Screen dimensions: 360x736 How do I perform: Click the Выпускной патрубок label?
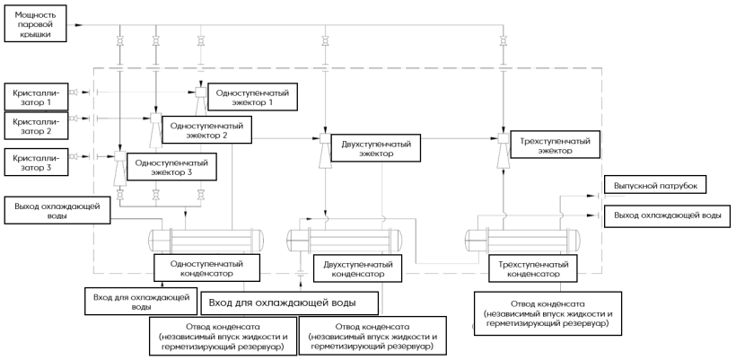tap(655, 186)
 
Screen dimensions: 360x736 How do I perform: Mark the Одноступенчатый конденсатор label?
tap(206, 267)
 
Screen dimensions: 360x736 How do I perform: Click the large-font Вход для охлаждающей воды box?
tap(289, 301)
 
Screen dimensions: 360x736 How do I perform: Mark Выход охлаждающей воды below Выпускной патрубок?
tap(666, 216)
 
